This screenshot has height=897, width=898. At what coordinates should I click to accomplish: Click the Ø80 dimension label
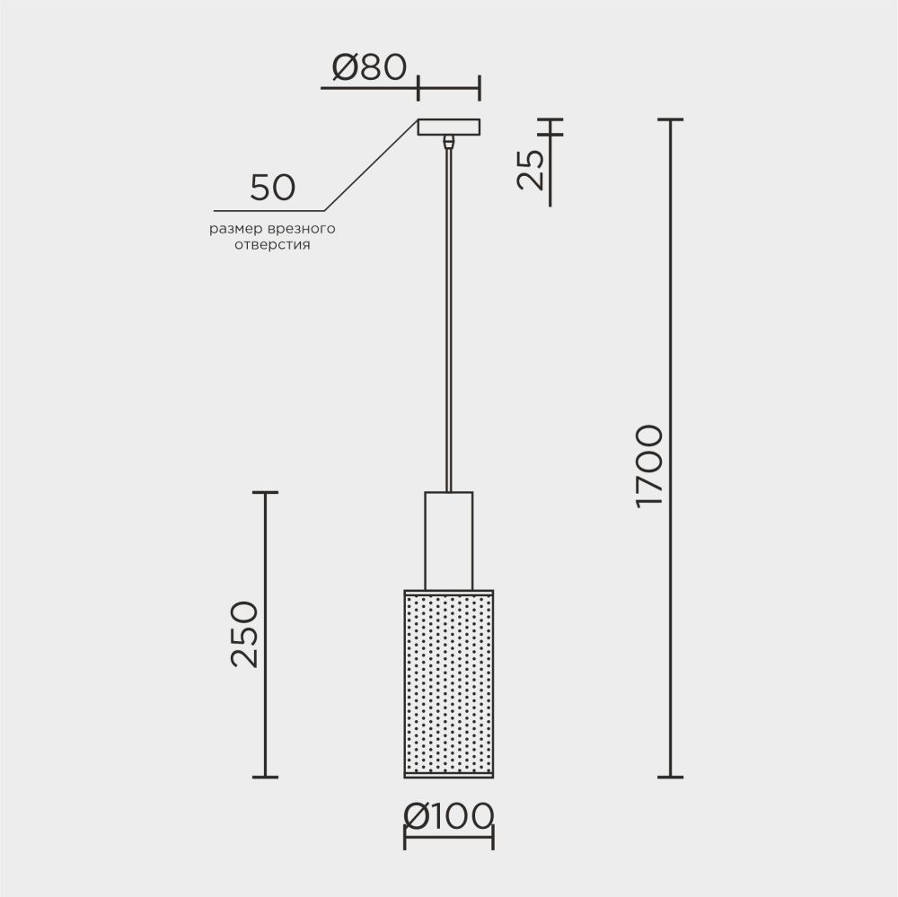(369, 67)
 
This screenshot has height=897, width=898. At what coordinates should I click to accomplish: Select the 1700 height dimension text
(649, 466)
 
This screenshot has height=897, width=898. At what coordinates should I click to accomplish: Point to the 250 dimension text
(244, 634)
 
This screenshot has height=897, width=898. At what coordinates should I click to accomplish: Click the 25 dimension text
(530, 170)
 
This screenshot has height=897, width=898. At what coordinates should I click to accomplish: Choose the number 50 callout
(273, 188)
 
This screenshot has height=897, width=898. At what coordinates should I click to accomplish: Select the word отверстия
(272, 245)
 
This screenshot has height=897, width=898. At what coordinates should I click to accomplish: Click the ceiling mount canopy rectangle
(449, 128)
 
